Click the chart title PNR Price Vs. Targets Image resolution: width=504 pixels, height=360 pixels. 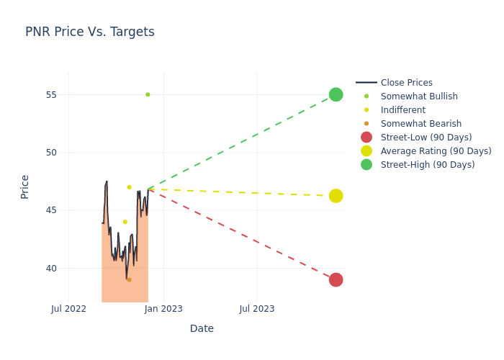point(90,32)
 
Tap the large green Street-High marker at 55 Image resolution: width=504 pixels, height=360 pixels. point(336,94)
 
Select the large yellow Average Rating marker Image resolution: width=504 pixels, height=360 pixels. point(336,196)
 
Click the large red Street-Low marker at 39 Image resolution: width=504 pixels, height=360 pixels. point(336,279)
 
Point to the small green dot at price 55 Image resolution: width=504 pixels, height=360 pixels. point(148,94)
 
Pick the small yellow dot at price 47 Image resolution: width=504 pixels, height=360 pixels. point(130,187)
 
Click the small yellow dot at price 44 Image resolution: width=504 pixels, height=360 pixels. point(125,222)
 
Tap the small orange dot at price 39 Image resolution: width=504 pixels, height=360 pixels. point(130,279)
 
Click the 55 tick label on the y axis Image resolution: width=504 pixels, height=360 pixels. point(52,95)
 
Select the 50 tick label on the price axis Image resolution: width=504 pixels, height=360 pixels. point(52,153)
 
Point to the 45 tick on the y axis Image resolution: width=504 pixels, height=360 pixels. point(52,210)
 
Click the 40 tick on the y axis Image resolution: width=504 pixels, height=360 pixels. point(52,269)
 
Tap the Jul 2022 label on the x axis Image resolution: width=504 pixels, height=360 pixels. point(69,309)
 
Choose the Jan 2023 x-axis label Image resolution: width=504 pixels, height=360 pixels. point(163,309)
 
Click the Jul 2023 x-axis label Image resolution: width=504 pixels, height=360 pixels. point(256,309)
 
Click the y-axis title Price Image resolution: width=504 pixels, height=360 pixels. point(25,186)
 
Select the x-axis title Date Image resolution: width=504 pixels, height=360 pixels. point(202,328)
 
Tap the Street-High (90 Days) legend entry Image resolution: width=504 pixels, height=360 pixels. point(428,165)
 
